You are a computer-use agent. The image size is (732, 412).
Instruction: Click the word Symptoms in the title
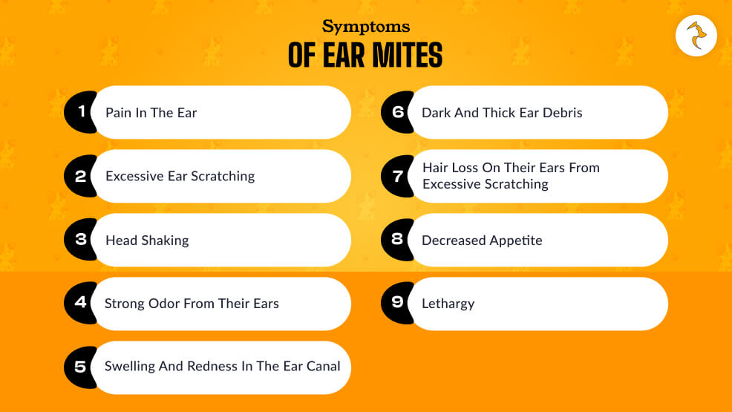(365, 27)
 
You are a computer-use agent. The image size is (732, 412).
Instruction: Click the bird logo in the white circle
(696, 36)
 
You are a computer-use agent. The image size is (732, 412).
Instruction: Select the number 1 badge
(79, 112)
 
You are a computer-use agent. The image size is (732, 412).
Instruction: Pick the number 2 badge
(79, 176)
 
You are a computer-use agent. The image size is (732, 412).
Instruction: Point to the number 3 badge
(79, 240)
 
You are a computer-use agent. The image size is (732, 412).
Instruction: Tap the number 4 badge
(79, 303)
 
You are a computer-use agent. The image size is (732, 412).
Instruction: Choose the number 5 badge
(79, 367)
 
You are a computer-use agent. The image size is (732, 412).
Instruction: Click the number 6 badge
(396, 112)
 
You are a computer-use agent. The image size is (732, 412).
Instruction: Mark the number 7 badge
(396, 176)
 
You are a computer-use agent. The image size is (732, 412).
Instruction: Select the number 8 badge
(396, 240)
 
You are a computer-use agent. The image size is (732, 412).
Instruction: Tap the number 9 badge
(396, 303)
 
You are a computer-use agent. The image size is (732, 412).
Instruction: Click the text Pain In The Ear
(151, 113)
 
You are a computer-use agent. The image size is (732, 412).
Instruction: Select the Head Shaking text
(147, 241)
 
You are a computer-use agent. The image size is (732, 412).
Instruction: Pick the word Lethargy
(448, 304)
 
